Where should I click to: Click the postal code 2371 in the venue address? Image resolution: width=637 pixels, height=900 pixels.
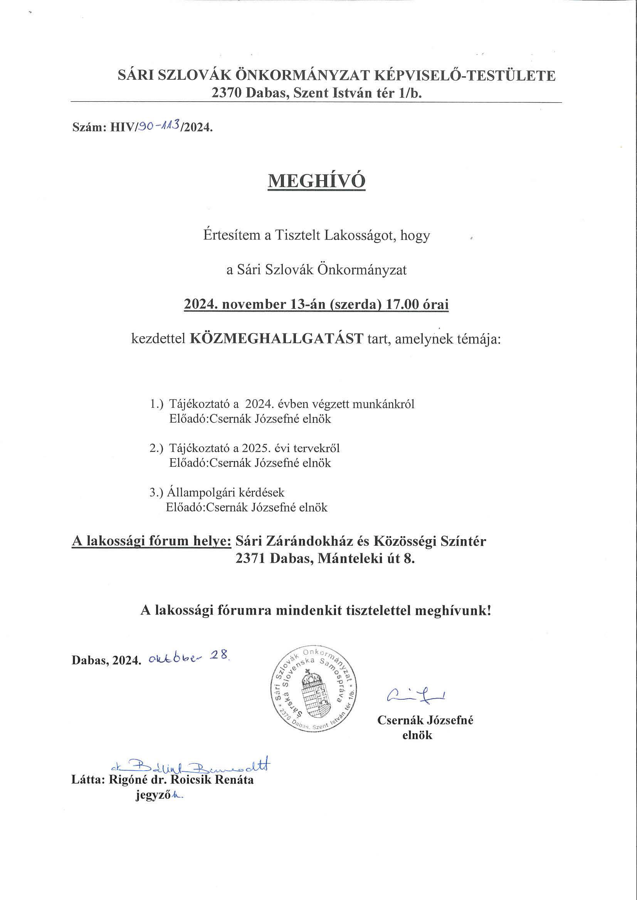tap(251, 559)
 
